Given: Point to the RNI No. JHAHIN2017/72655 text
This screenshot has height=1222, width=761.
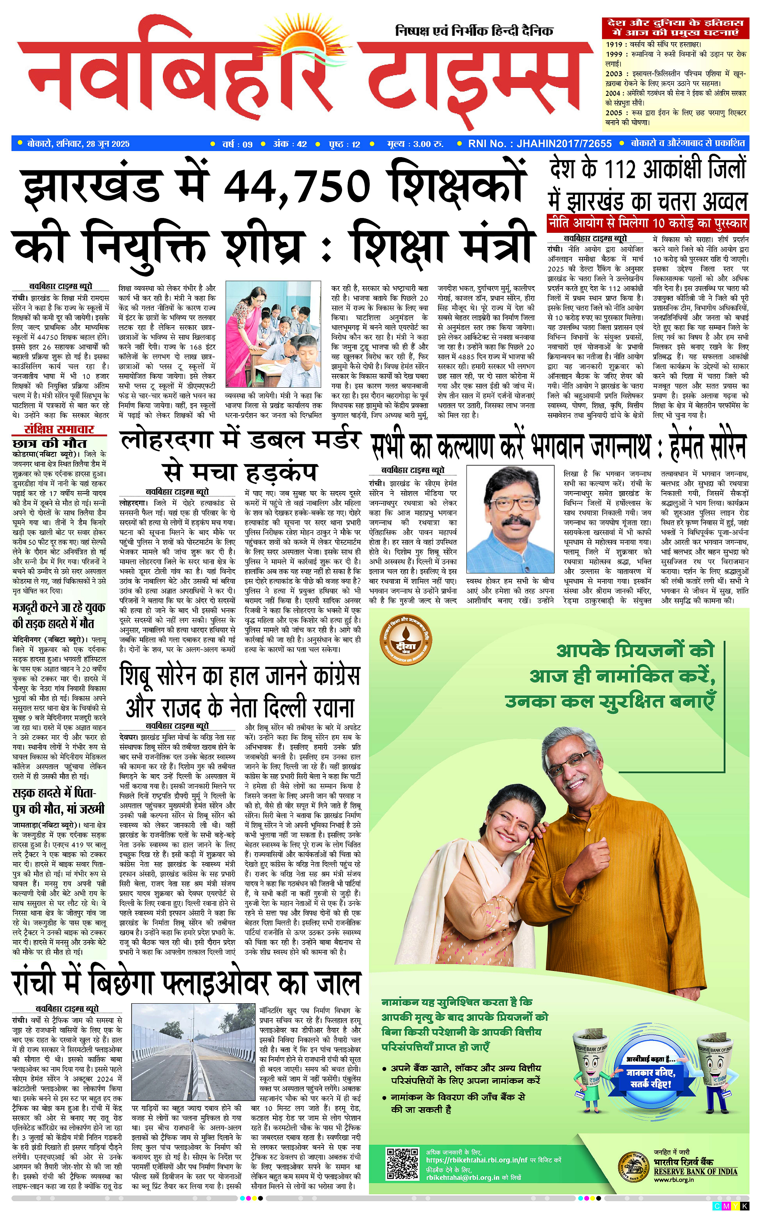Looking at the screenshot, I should tap(540, 143).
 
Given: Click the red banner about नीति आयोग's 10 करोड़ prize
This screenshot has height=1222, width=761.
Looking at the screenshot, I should tap(647, 223).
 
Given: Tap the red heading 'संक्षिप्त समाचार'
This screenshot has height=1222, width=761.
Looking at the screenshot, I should tap(59, 429).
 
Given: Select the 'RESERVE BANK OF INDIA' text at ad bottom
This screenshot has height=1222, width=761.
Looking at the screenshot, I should tap(695, 1171).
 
